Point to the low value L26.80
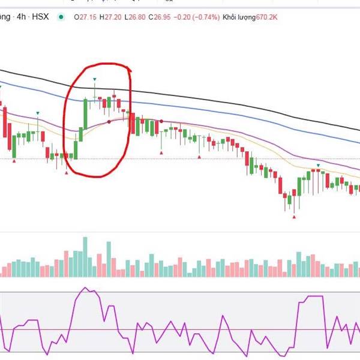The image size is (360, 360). pyautogui.click(x=137, y=17)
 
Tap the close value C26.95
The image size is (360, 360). pyautogui.click(x=163, y=17)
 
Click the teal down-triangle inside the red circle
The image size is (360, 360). pyautogui.click(x=94, y=79)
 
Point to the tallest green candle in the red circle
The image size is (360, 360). pyautogui.click(x=85, y=114)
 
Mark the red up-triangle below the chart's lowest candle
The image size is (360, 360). pyautogui.click(x=293, y=217)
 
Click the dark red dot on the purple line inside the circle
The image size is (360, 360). pyautogui.click(x=109, y=122)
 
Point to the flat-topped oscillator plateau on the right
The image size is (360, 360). pyautogui.click(x=314, y=296)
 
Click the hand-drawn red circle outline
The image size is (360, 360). pyautogui.click(x=65, y=120)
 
